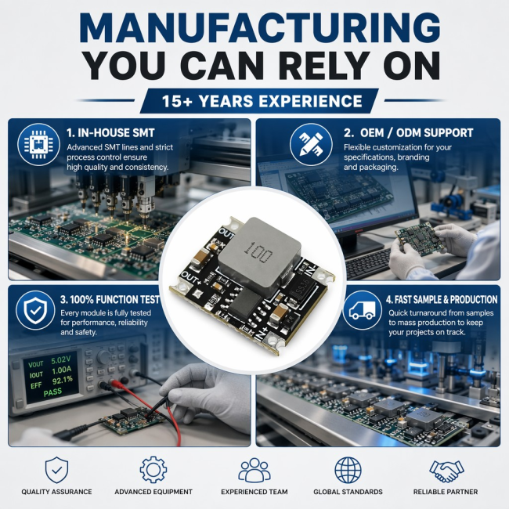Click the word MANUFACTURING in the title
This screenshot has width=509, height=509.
tap(260, 28)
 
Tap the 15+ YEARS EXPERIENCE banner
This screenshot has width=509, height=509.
tap(260, 101)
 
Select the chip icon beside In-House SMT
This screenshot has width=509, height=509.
tap(38, 144)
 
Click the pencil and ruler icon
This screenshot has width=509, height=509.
tap(311, 144)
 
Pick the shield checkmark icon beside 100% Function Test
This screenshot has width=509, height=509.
tap(35, 310)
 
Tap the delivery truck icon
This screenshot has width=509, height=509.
tap(362, 310)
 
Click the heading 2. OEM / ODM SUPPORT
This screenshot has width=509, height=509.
tap(408, 133)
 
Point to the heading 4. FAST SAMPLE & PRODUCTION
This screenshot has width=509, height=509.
tap(442, 300)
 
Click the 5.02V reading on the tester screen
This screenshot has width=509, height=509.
tap(61, 360)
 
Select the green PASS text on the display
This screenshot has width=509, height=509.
tap(52, 392)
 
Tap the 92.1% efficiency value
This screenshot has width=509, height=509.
tap(63, 380)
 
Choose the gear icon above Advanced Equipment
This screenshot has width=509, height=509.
tap(153, 469)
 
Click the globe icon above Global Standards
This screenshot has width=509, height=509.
tap(348, 470)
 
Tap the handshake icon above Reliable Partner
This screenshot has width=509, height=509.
tap(446, 471)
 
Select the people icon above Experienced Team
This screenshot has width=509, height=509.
tap(254, 470)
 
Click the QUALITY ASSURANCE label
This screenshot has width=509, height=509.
tap(57, 492)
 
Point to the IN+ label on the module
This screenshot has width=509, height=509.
tap(262, 334)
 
